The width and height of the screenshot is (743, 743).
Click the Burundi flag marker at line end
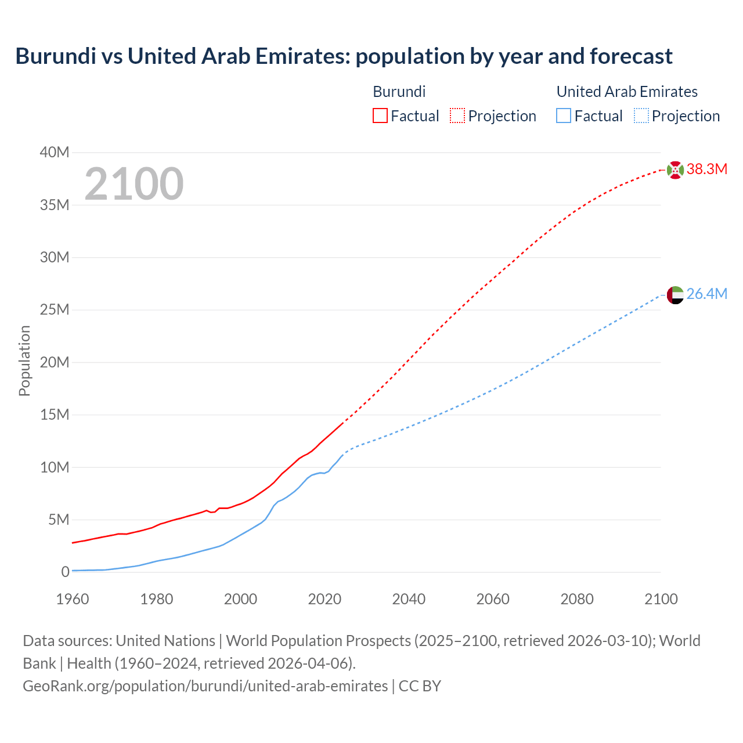coord(675,170)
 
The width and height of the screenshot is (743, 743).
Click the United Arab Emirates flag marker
coord(675,295)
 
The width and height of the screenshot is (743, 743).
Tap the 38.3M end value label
coord(706,169)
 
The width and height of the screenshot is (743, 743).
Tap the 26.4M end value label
coord(706,294)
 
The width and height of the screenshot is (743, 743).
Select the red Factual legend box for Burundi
coord(380,116)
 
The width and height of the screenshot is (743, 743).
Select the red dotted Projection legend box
coord(457,116)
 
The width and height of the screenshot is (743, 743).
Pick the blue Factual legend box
coord(564,116)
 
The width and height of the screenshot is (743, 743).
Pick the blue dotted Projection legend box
coord(641,116)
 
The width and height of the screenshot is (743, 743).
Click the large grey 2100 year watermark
coord(134,184)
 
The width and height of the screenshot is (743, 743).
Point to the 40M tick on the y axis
coord(55,153)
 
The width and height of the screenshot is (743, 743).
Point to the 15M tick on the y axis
coord(55,415)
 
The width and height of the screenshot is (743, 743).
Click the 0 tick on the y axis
coord(65,572)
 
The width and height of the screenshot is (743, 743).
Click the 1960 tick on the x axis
coord(73,599)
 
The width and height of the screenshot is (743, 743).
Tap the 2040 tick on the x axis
coord(409,599)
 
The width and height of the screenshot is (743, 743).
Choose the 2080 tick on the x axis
coord(577,599)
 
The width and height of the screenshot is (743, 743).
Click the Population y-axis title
coord(24,361)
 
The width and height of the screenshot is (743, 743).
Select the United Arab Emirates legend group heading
coord(627,92)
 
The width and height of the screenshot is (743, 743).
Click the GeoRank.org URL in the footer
coord(205,686)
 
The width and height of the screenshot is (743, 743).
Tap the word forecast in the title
coord(631,56)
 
